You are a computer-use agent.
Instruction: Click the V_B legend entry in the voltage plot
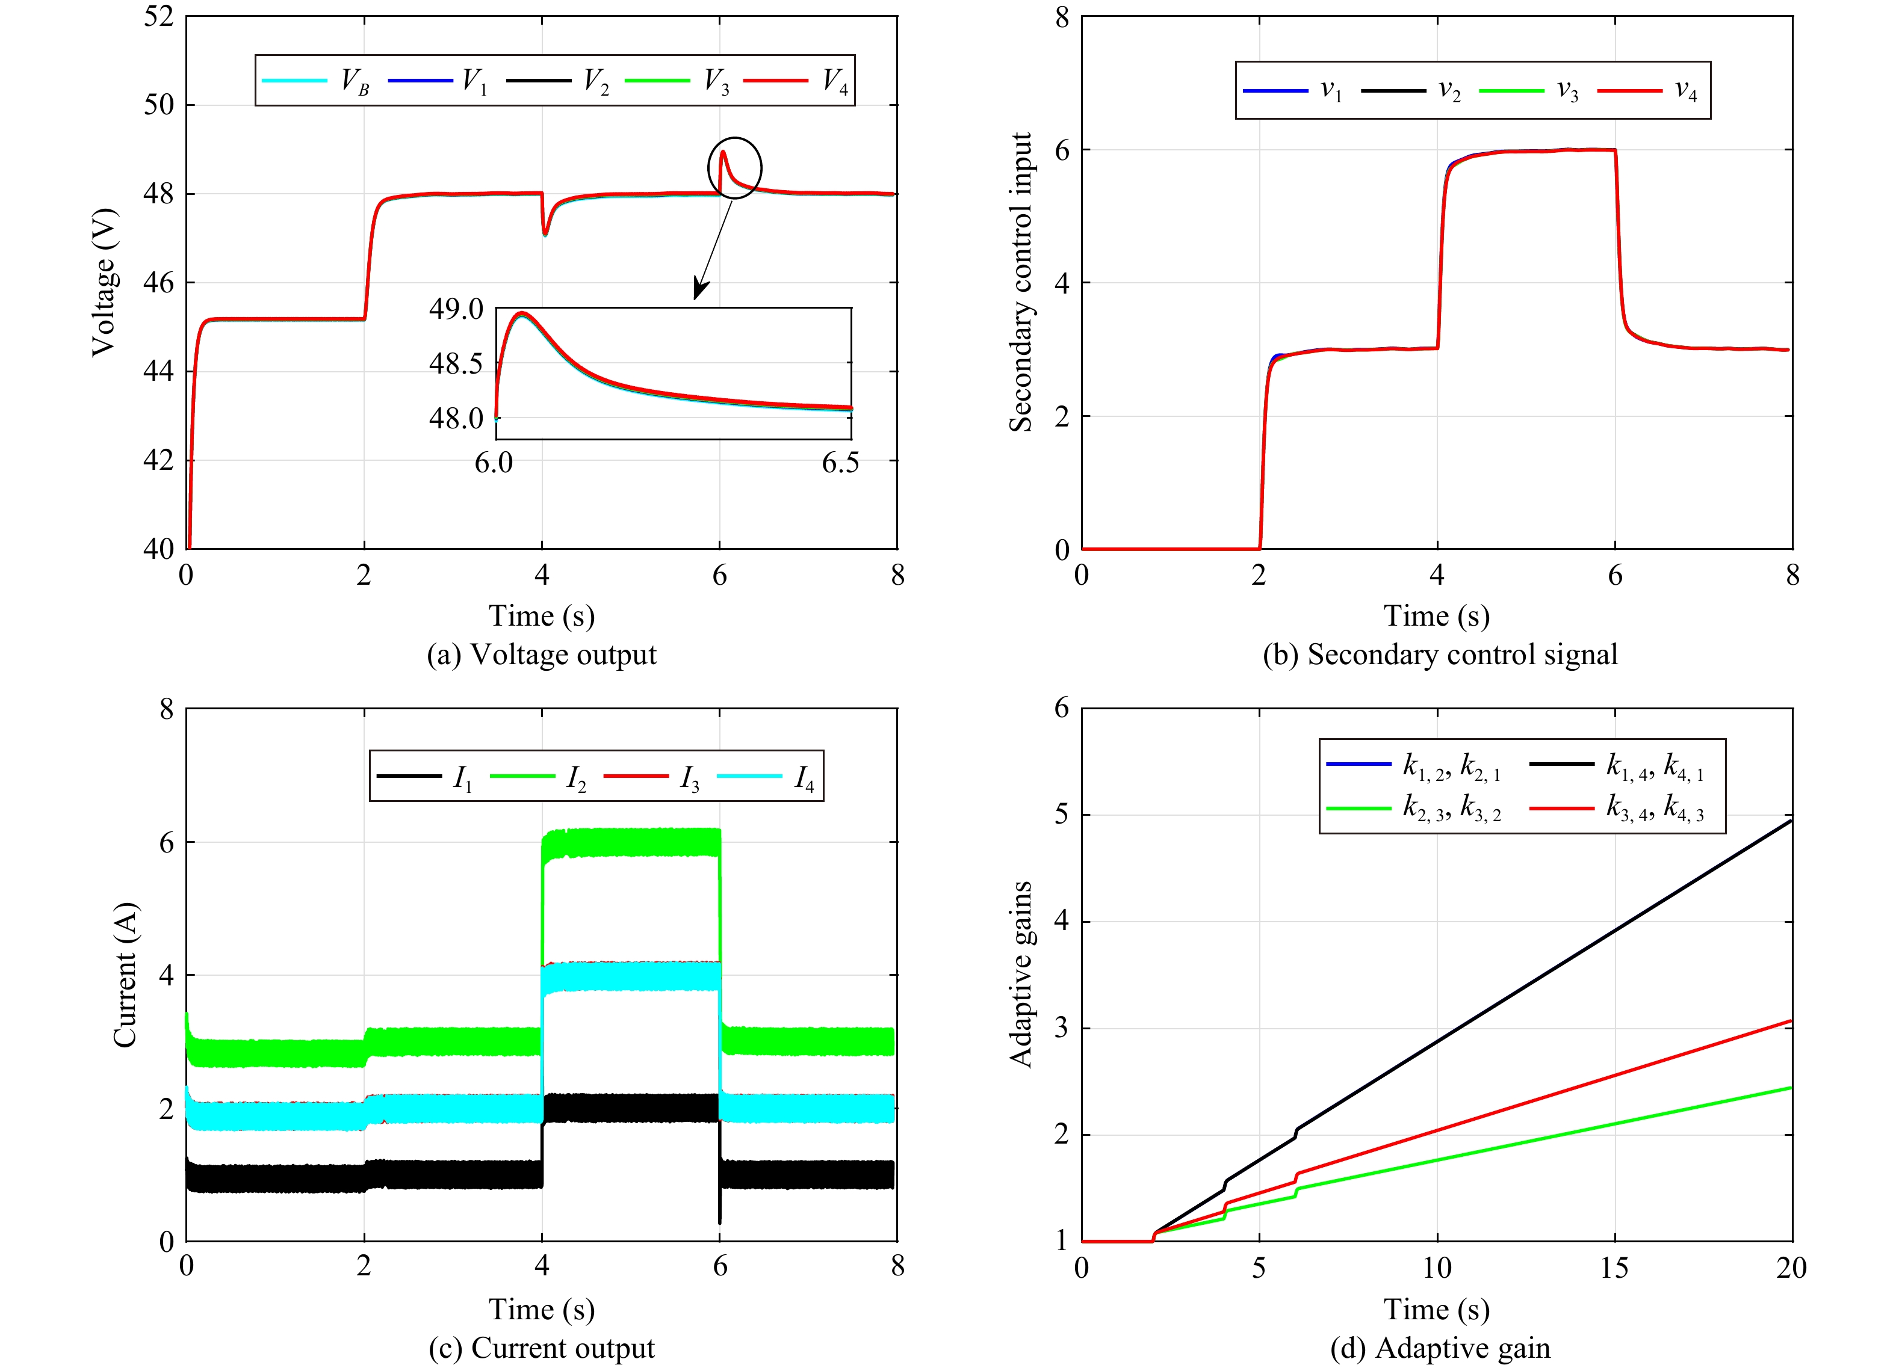point(316,81)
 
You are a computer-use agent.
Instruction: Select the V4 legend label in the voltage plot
point(834,81)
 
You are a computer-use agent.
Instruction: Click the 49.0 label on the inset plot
point(456,309)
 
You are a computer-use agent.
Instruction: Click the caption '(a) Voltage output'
point(542,655)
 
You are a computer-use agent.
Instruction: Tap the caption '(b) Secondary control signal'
point(1440,655)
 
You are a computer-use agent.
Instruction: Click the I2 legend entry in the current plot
point(539,777)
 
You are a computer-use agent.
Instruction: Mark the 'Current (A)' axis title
point(125,975)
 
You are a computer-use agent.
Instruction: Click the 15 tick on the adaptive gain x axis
point(1614,1269)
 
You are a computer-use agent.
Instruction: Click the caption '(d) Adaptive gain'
point(1440,1348)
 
